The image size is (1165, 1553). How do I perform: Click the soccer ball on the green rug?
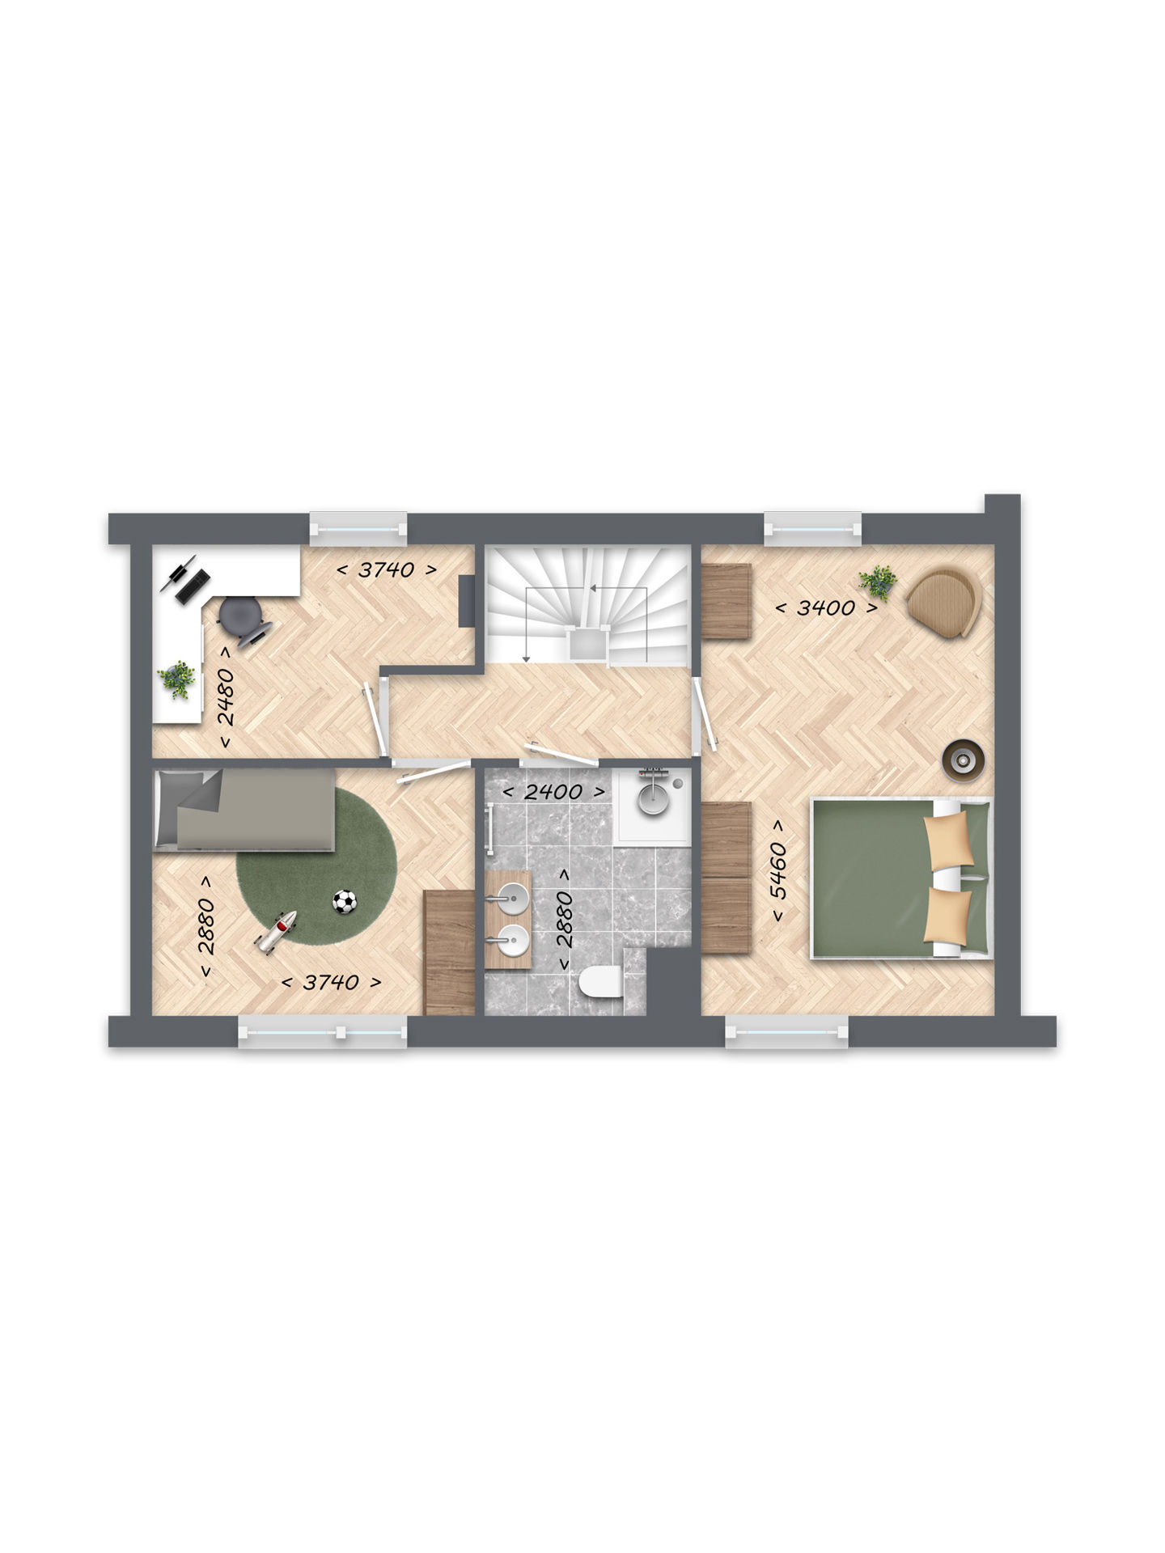click(x=345, y=901)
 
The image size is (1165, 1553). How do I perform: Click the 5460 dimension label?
click(x=778, y=870)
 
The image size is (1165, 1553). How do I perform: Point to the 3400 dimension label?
click(x=826, y=607)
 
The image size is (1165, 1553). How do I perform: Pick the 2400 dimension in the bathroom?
click(x=553, y=792)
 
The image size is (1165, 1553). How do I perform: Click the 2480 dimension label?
click(x=227, y=697)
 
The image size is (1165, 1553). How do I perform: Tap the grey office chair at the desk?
click(x=242, y=618)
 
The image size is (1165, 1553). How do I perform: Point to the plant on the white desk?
click(x=176, y=679)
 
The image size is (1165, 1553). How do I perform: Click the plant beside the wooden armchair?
click(x=878, y=582)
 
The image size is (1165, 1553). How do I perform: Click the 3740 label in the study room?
click(x=387, y=569)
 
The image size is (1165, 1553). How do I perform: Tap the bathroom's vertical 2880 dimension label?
click(x=565, y=920)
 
